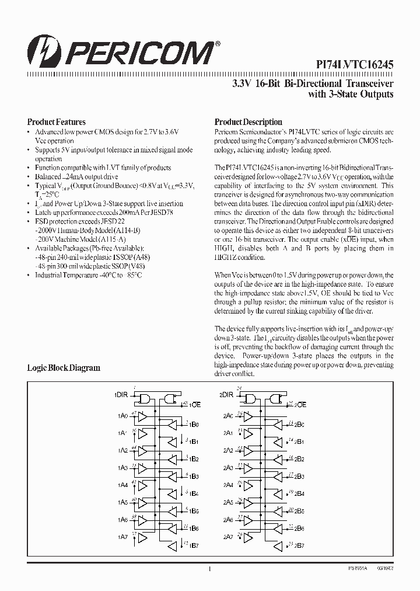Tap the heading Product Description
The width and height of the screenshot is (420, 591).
[248, 122]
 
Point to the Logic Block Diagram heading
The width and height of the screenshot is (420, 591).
[64, 368]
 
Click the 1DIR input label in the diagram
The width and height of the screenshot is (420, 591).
[121, 395]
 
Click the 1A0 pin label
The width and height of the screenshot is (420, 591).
[122, 416]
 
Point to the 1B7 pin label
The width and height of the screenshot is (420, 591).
[194, 546]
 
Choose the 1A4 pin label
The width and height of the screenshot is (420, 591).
[122, 485]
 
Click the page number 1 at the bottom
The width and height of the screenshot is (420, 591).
[209, 569]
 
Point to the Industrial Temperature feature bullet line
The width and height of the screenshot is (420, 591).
[87, 274]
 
